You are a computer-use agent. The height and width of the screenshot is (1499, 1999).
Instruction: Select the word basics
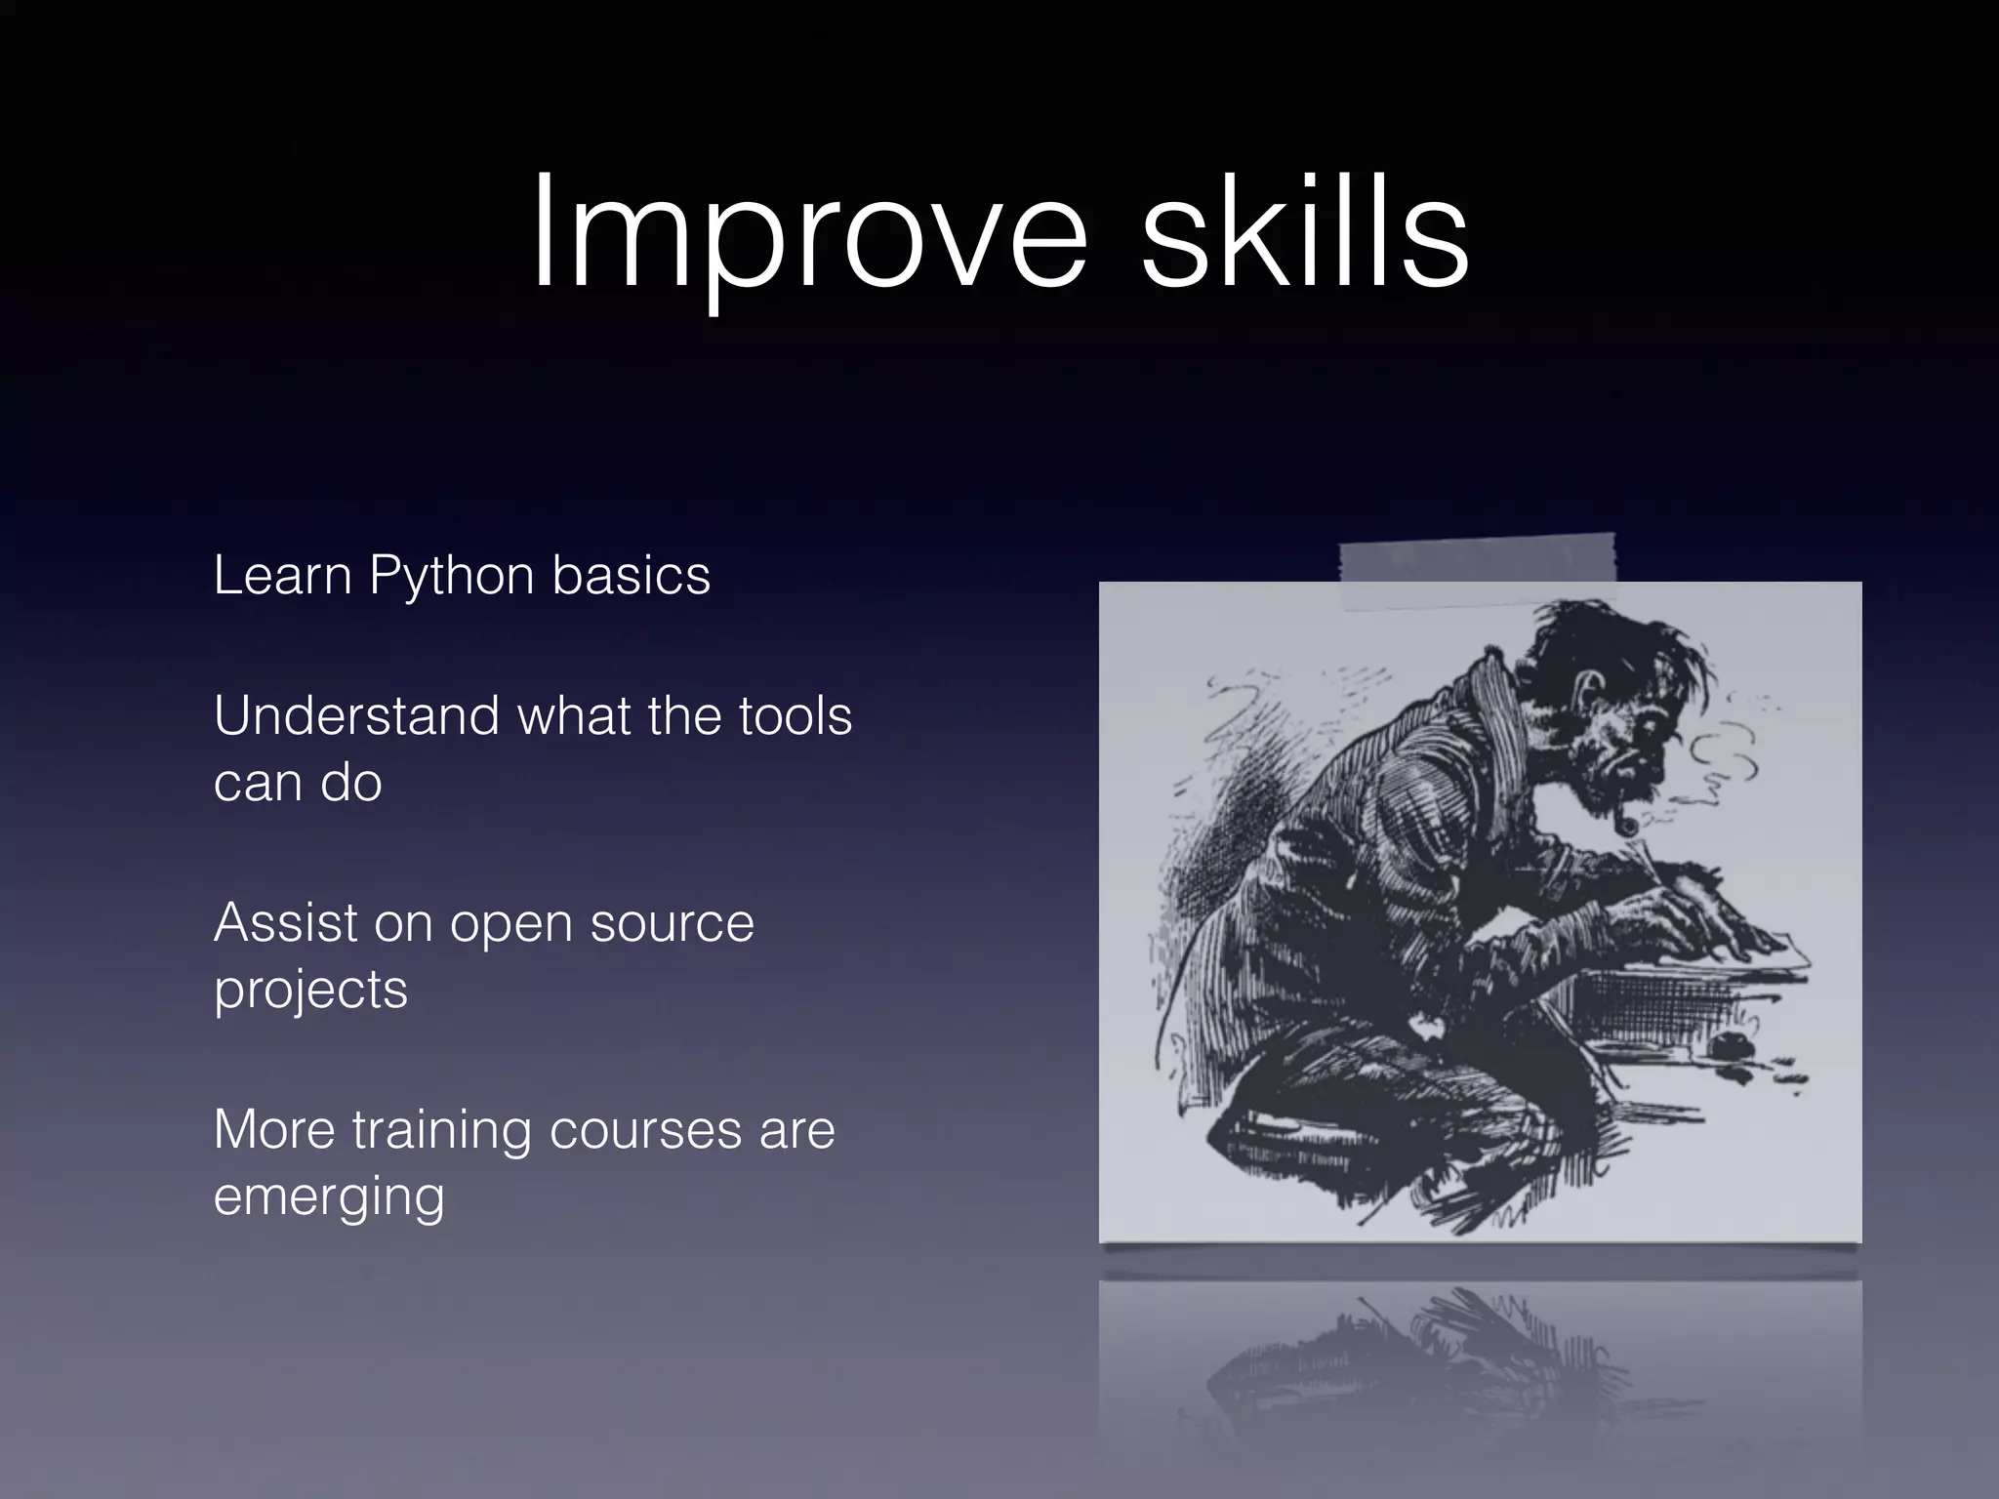click(631, 575)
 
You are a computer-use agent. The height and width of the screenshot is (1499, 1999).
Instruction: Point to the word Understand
click(356, 715)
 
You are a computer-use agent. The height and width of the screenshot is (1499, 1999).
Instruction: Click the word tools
click(795, 715)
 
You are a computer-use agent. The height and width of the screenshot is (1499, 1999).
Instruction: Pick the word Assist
click(285, 922)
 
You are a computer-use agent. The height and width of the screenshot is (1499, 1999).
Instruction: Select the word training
click(442, 1130)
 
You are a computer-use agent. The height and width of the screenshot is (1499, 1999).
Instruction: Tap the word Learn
click(282, 575)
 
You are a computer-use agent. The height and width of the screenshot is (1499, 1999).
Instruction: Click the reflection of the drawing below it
click(1479, 1366)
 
